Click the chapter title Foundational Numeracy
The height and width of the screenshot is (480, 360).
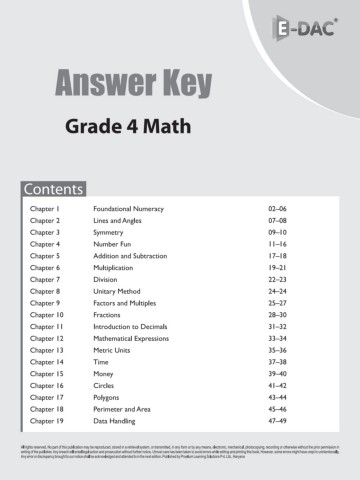point(133,208)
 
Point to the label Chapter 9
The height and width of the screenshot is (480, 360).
point(45,303)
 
